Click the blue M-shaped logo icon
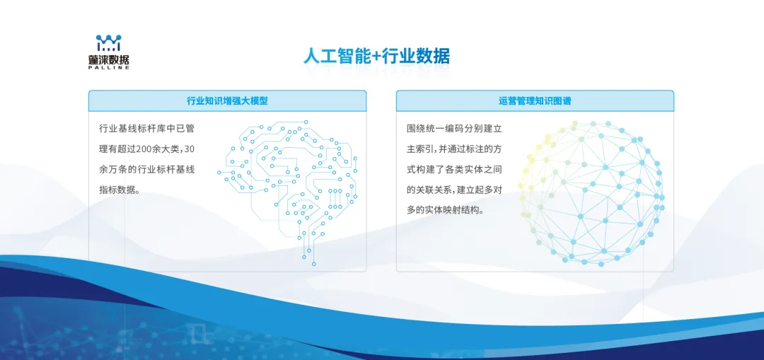click(x=109, y=42)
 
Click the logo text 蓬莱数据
click(x=109, y=60)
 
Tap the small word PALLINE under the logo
click(x=109, y=69)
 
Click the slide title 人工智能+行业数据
click(x=376, y=56)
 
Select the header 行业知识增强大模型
click(x=227, y=101)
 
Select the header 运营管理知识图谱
click(x=535, y=101)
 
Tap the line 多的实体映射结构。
click(x=445, y=210)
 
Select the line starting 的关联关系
click(x=454, y=190)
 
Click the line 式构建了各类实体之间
click(x=454, y=170)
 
